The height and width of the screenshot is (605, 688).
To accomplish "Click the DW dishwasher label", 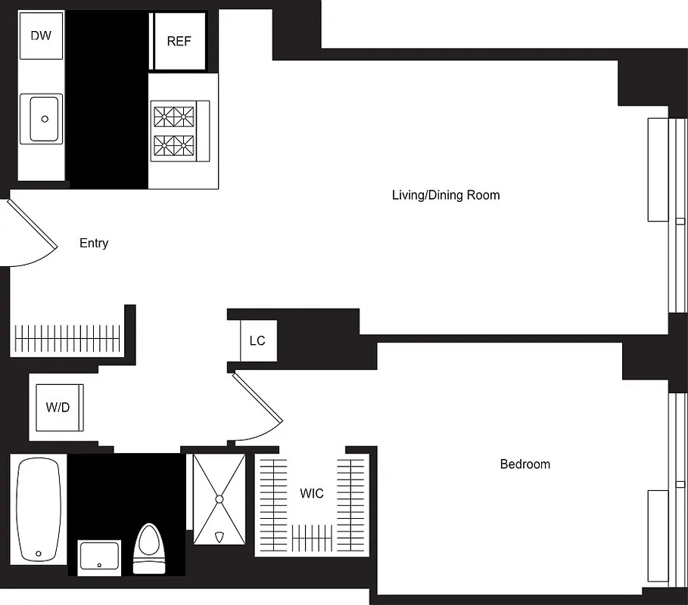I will tap(41, 35).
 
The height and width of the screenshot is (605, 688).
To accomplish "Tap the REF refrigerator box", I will tap(179, 42).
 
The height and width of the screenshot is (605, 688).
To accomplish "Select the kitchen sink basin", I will tap(45, 119).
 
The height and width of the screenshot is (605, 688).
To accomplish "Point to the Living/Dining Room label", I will tap(445, 195).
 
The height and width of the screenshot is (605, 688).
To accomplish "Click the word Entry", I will tap(94, 244).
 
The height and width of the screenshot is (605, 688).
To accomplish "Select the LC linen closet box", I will tap(257, 340).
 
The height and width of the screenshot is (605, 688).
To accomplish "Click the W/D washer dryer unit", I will tap(58, 408).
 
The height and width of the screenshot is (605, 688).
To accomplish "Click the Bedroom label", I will tap(525, 464).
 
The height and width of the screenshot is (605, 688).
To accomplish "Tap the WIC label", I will tap(311, 494).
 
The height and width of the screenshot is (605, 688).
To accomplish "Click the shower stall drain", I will tap(219, 499).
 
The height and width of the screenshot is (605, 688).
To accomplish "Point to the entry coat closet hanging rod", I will tap(67, 334).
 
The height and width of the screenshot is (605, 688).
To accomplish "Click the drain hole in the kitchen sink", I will tap(45, 119).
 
